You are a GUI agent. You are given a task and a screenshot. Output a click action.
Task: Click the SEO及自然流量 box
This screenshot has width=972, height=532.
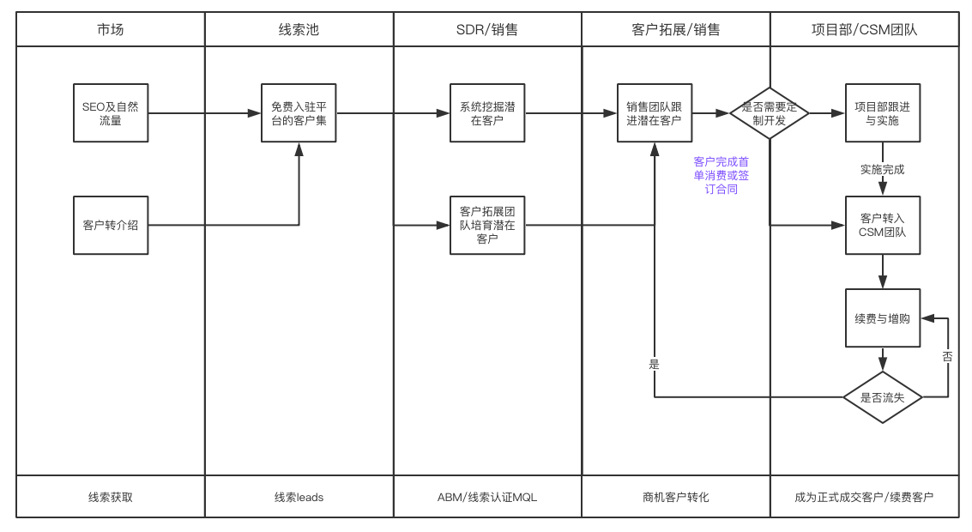[110, 113]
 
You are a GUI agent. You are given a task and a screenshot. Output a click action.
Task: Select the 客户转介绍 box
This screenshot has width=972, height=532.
[110, 225]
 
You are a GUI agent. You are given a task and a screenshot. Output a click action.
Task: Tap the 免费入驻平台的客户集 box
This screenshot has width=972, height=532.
[299, 113]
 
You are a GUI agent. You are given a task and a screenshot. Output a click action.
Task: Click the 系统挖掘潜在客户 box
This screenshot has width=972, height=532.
[487, 113]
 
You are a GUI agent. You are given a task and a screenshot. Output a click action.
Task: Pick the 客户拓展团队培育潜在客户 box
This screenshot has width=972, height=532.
[487, 225]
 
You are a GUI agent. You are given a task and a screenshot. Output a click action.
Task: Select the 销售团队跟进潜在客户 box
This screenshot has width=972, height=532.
[654, 113]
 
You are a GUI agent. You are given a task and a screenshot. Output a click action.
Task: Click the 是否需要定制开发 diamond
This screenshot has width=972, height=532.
[770, 113]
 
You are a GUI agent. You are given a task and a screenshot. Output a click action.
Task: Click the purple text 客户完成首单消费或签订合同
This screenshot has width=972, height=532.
[721, 175]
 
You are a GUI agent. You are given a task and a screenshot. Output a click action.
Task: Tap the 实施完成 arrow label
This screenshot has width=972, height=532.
[882, 169]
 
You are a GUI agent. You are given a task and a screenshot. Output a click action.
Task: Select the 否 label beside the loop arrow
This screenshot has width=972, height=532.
[947, 356]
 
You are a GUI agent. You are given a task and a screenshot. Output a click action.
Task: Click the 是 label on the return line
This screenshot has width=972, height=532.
[654, 364]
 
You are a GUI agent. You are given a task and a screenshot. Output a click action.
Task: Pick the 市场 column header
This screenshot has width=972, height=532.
[110, 29]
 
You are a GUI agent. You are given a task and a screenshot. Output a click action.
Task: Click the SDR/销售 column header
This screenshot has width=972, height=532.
[487, 29]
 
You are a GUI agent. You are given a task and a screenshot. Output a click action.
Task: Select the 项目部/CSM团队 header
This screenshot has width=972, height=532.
[864, 29]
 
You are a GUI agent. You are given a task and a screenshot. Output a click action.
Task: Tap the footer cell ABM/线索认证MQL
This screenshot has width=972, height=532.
[487, 497]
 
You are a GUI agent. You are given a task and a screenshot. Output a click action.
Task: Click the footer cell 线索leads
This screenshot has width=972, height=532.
[299, 497]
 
